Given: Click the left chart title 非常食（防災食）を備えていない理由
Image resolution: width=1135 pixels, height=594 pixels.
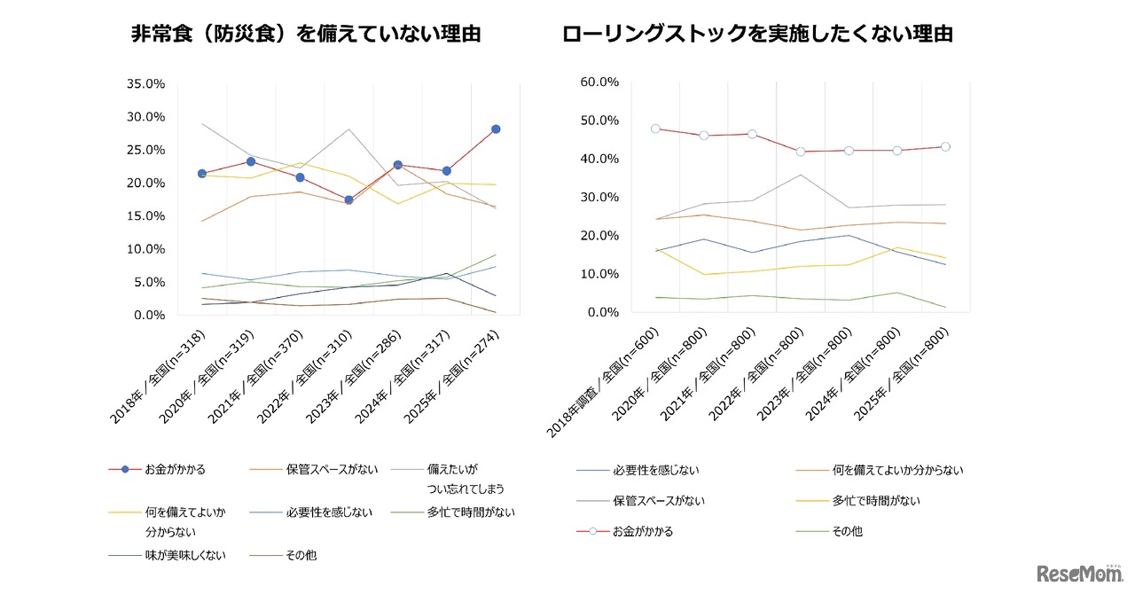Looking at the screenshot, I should click(305, 35).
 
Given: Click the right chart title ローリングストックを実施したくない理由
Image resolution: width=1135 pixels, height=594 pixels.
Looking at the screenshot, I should click(757, 35).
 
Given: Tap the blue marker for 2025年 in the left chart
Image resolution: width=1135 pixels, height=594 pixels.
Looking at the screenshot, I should click(496, 129).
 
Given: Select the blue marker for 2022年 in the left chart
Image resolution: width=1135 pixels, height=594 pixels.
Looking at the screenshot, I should click(349, 199).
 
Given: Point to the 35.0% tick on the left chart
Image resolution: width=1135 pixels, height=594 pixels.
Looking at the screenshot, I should click(146, 84).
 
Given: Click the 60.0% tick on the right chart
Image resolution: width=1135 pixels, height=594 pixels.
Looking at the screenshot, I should click(599, 82).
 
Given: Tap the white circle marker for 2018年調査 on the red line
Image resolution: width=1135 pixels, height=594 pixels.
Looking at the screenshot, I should click(655, 129).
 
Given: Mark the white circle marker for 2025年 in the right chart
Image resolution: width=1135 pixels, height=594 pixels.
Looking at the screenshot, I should click(945, 147).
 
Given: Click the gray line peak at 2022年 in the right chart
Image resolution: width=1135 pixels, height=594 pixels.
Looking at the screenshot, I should click(801, 175).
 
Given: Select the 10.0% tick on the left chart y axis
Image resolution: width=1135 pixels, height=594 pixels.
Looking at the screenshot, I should click(146, 249).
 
